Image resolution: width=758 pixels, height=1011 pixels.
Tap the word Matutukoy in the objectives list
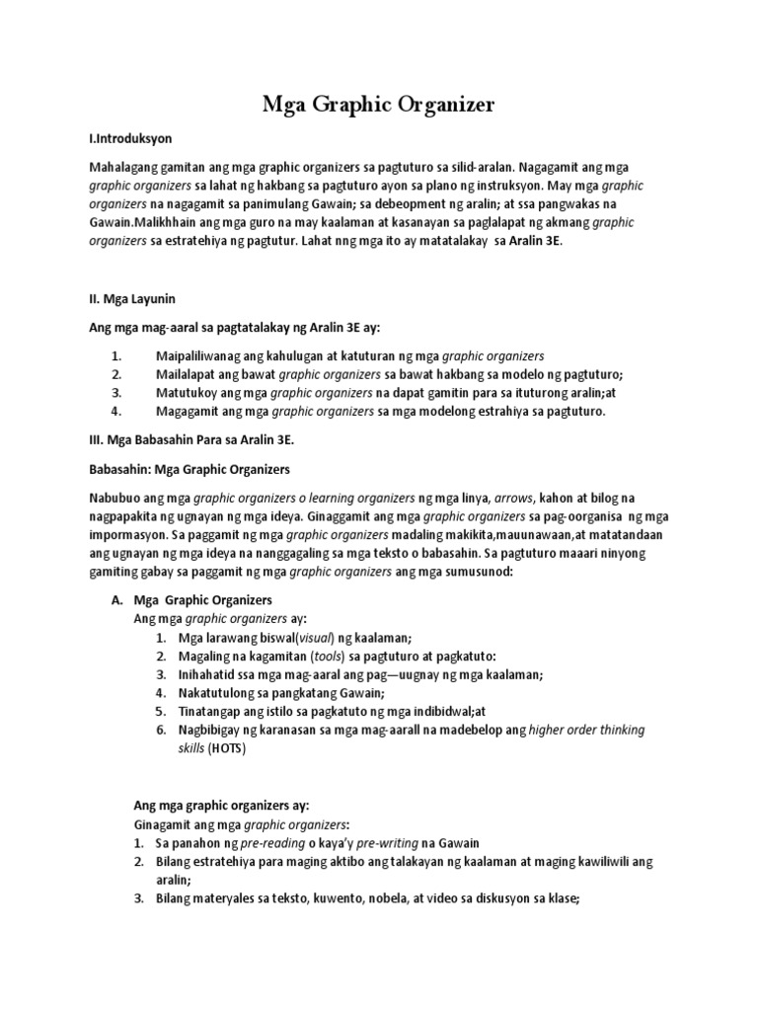(188, 392)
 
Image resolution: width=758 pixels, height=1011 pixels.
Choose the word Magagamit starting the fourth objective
(190, 411)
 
